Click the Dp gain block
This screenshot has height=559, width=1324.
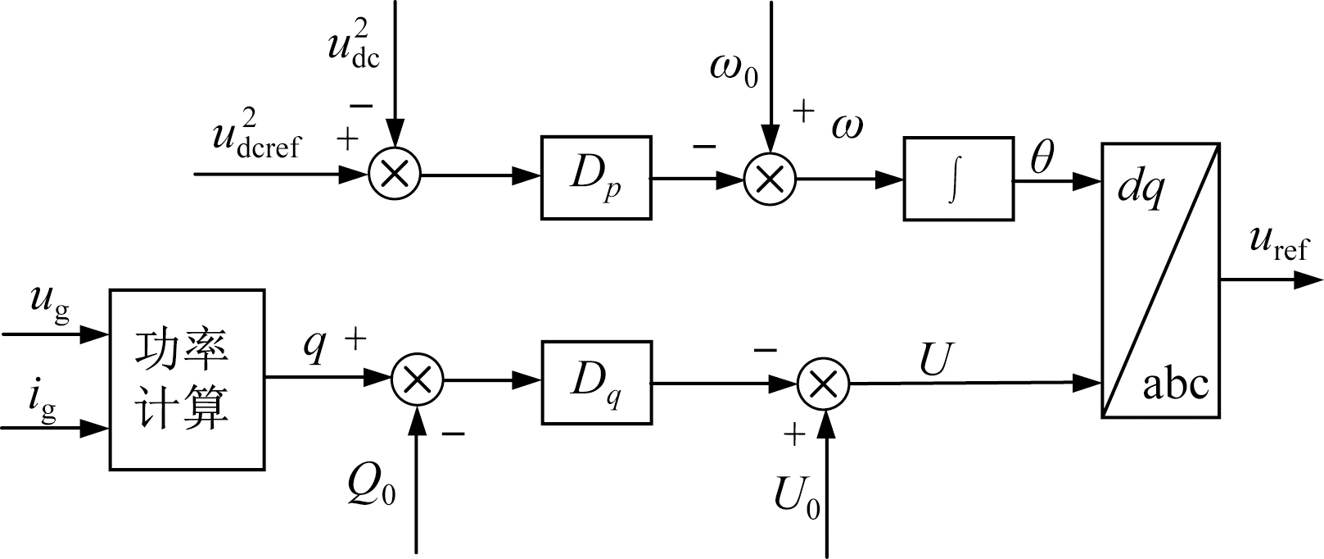(596, 178)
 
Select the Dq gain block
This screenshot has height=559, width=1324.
(596, 382)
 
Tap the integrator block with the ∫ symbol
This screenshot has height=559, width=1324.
(958, 179)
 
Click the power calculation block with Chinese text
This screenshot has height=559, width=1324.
(187, 379)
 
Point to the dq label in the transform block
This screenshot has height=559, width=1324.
(1141, 190)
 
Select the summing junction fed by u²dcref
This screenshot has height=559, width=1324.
(395, 175)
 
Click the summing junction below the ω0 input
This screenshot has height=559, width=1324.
(770, 179)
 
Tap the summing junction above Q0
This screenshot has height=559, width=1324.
(418, 380)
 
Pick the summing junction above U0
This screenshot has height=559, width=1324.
(824, 382)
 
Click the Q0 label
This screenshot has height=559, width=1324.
(371, 488)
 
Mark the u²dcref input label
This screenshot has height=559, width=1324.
(255, 135)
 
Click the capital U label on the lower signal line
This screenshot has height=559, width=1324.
(935, 358)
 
